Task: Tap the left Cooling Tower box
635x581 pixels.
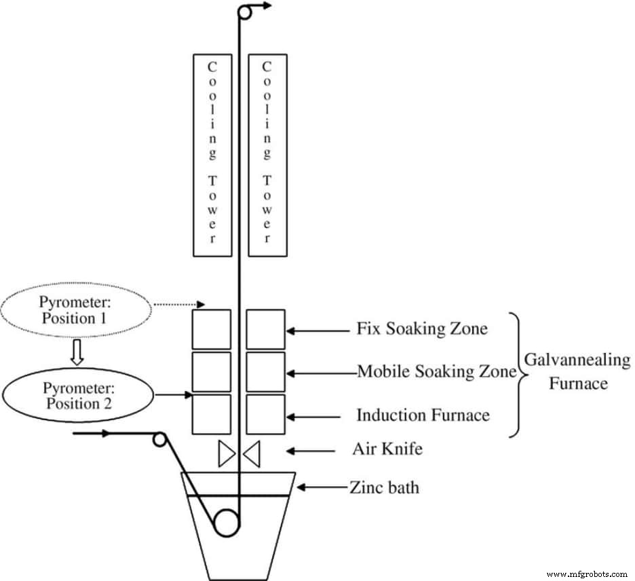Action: pos(212,155)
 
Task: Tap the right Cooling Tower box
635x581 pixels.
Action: pos(267,155)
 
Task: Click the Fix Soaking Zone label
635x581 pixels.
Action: pos(421,330)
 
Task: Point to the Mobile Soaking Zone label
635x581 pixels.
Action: pos(436,372)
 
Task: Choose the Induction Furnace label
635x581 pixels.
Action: pos(423,414)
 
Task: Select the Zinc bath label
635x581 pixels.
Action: pos(384,487)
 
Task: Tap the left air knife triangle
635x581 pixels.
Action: pos(225,453)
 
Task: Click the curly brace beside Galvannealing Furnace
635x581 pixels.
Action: pos(519,372)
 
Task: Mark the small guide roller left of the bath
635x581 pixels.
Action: pos(159,439)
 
